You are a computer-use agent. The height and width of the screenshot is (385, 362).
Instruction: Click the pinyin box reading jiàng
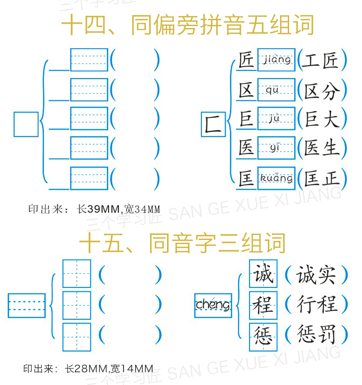click(x=276, y=60)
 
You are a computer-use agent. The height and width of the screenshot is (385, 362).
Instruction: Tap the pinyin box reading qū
click(x=276, y=90)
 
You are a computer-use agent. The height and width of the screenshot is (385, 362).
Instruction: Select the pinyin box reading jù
click(x=276, y=118)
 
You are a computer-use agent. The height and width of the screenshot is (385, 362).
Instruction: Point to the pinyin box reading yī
click(x=276, y=148)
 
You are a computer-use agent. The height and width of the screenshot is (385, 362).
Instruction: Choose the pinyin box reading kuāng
click(x=276, y=178)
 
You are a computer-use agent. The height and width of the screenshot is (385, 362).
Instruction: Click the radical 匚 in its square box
click(x=213, y=124)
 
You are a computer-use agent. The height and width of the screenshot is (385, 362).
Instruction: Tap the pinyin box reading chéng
click(x=213, y=305)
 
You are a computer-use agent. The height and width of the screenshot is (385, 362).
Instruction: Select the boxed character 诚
click(x=263, y=273)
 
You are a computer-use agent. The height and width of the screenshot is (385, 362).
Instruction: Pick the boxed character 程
click(x=263, y=305)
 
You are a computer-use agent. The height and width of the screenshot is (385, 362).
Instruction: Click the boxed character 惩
click(x=263, y=337)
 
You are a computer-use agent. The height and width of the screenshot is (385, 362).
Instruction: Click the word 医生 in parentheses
click(x=322, y=148)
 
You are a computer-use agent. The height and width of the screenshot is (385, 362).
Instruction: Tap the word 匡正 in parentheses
click(x=322, y=178)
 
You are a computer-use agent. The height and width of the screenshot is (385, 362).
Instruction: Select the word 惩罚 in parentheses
click(x=316, y=334)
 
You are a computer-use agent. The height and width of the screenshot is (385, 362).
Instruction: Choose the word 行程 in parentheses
click(x=316, y=304)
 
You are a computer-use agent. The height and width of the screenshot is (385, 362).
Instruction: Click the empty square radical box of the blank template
click(x=26, y=124)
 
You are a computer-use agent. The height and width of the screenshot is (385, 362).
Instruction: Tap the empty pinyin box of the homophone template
click(x=27, y=305)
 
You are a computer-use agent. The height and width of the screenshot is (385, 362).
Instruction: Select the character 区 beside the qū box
click(x=246, y=90)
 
